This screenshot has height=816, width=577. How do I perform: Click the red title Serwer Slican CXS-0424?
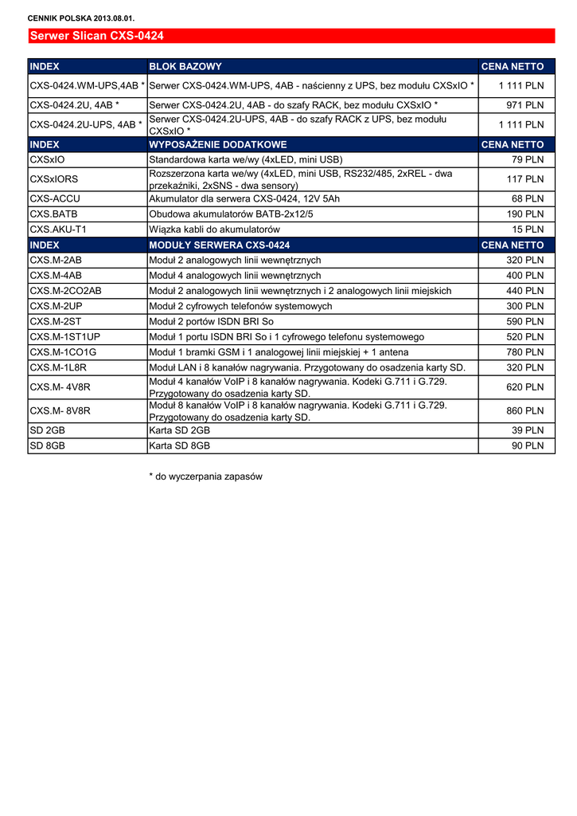(x=96, y=36)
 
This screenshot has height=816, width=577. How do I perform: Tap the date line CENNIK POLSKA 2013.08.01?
(x=81, y=18)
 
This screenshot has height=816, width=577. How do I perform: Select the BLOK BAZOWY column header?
(x=185, y=66)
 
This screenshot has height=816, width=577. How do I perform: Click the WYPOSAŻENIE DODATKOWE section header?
(x=218, y=144)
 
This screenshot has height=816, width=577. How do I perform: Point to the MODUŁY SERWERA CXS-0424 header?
(x=220, y=245)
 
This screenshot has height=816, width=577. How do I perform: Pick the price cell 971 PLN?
(x=524, y=105)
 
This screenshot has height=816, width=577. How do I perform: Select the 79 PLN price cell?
(x=527, y=159)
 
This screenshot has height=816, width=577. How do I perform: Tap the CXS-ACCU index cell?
(x=55, y=198)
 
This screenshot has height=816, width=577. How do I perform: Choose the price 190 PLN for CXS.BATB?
(x=524, y=214)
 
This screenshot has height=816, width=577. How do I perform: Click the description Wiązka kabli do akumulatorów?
(x=214, y=229)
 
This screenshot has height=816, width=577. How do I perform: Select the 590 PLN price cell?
(x=524, y=321)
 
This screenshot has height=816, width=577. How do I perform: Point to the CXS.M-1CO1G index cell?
(x=63, y=352)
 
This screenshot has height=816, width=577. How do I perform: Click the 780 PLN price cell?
(x=524, y=352)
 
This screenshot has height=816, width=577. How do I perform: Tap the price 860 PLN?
(x=524, y=411)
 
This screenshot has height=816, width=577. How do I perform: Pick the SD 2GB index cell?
(x=47, y=430)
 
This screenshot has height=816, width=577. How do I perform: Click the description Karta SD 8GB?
(x=180, y=445)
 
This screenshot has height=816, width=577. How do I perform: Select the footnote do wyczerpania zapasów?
(x=205, y=477)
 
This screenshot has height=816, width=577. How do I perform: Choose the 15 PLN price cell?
(x=527, y=229)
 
